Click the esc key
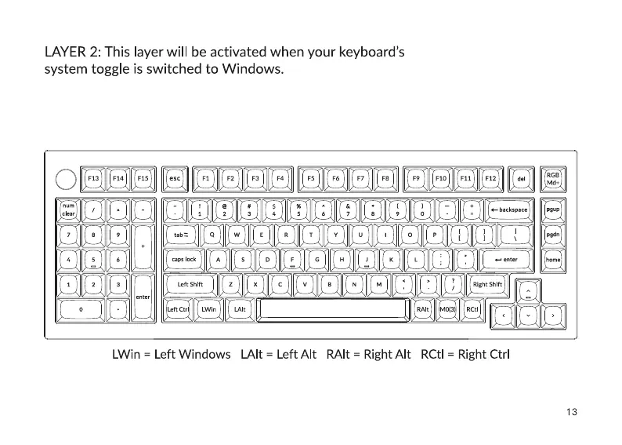(x=175, y=178)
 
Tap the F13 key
(x=93, y=178)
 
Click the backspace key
(x=508, y=210)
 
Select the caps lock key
(x=184, y=259)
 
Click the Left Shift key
(x=190, y=284)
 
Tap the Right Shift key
(x=487, y=284)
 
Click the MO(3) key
(x=447, y=309)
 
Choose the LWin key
(x=208, y=309)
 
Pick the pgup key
(x=553, y=210)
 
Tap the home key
(x=553, y=259)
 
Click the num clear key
(x=69, y=210)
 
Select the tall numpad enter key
(x=143, y=297)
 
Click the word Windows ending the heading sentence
(x=253, y=69)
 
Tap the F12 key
(x=490, y=178)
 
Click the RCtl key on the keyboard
(x=472, y=309)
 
